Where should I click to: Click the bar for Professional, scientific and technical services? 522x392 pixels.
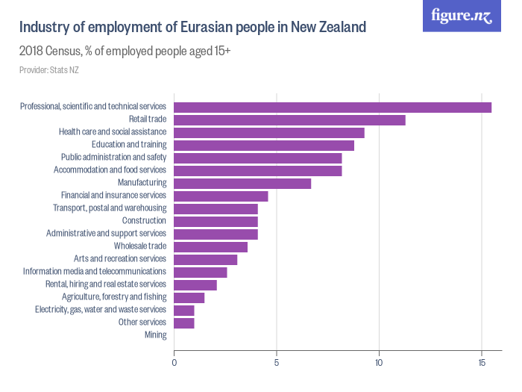pyautogui.click(x=333, y=107)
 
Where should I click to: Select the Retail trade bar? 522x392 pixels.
pyautogui.click(x=289, y=119)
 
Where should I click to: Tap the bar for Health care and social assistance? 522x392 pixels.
pyautogui.click(x=269, y=132)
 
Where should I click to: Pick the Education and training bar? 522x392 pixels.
pyautogui.click(x=264, y=145)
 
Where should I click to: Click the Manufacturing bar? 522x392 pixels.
pyautogui.click(x=242, y=183)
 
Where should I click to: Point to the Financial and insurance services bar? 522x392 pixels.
pyautogui.click(x=221, y=196)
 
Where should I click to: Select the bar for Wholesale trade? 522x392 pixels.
pyautogui.click(x=210, y=246)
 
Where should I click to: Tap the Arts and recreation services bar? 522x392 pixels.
pyautogui.click(x=205, y=259)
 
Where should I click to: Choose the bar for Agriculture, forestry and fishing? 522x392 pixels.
pyautogui.click(x=189, y=297)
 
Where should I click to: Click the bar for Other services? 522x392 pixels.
pyautogui.click(x=183, y=323)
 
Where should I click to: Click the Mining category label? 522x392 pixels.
pyautogui.click(x=155, y=335)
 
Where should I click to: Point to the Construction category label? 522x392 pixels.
pyautogui.click(x=144, y=221)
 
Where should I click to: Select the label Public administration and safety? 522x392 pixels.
pyautogui.click(x=113, y=158)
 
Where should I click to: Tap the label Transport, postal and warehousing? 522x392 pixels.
pyautogui.click(x=110, y=208)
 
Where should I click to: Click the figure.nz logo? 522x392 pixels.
pyautogui.click(x=462, y=16)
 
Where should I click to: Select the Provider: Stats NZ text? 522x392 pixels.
pyautogui.click(x=49, y=70)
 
